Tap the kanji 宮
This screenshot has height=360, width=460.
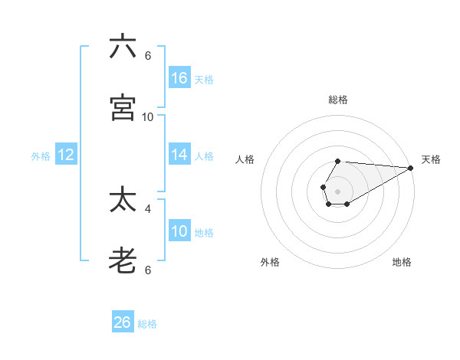coord(123,108)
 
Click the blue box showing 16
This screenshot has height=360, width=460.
coord(179,77)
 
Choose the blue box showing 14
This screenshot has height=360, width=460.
coord(179,155)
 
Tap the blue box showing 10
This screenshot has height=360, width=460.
coord(179,231)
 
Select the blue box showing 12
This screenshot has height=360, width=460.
coord(66,155)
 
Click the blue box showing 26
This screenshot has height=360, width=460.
coord(123,322)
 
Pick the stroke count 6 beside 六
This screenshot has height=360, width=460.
coord(148,55)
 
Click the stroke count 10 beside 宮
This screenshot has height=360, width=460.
coord(148,116)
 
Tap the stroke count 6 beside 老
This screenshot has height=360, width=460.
coord(148,270)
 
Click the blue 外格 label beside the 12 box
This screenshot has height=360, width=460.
coord(41,156)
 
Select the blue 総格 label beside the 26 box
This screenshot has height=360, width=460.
coord(147,324)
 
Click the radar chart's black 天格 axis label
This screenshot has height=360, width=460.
coord(431,159)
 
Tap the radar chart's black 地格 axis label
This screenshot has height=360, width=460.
coord(402,262)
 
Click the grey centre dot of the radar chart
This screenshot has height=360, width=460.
coord(337,190)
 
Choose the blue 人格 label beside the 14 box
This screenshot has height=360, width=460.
coord(204,156)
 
